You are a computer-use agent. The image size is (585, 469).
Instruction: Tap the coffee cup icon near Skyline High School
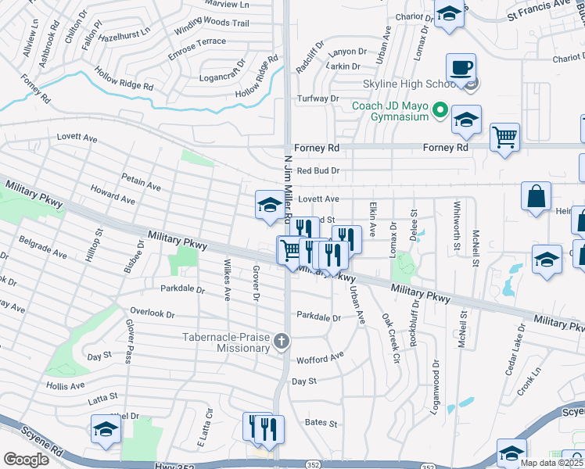tap(461, 67)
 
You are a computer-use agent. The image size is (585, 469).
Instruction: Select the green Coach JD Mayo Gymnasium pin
tap(440, 111)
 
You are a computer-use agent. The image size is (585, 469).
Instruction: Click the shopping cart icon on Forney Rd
tap(504, 137)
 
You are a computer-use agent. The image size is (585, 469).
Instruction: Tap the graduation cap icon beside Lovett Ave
tap(270, 205)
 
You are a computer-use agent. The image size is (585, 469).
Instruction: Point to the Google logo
tap(27, 459)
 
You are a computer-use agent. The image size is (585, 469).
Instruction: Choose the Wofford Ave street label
tap(320, 357)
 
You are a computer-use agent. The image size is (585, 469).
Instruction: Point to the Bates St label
tap(321, 423)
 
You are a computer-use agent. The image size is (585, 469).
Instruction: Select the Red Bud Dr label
tap(318, 170)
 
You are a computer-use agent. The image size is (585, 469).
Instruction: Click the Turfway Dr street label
tap(318, 98)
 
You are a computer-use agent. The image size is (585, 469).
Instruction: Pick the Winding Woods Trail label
tap(211, 23)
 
